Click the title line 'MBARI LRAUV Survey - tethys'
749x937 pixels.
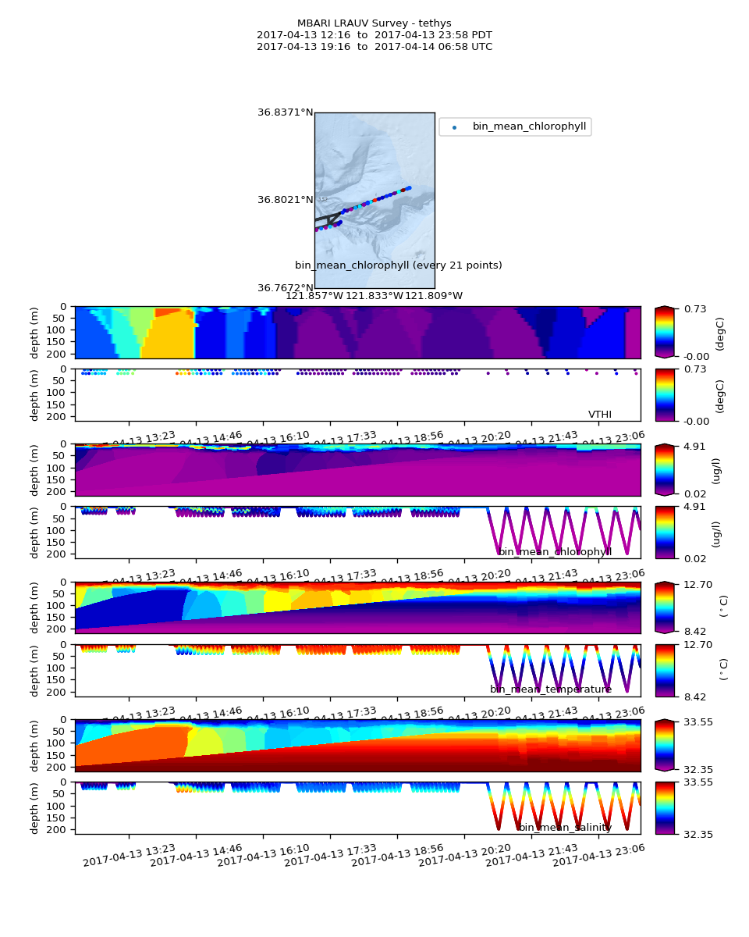point(374,23)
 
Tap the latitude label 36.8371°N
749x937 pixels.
point(285,112)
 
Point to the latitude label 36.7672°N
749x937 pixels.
point(285,288)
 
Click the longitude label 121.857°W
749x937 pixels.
point(314,296)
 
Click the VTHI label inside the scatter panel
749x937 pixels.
point(599,415)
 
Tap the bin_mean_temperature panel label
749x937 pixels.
point(550,689)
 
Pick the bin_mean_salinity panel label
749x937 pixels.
point(565,828)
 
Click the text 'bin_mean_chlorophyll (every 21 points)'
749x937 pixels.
point(398,265)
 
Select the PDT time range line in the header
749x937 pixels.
point(374,35)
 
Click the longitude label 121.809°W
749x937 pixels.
point(435,296)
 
